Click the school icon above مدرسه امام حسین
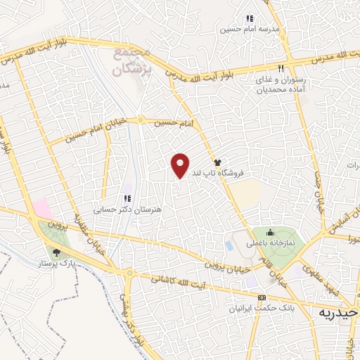(x=249, y=19)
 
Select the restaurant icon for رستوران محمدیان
(x=281, y=69)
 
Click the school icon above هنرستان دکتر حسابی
(x=127, y=199)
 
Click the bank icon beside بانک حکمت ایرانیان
(x=262, y=297)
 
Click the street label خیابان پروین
(x=226, y=266)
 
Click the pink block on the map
(x=41, y=208)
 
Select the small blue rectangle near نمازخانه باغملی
(x=230, y=246)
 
